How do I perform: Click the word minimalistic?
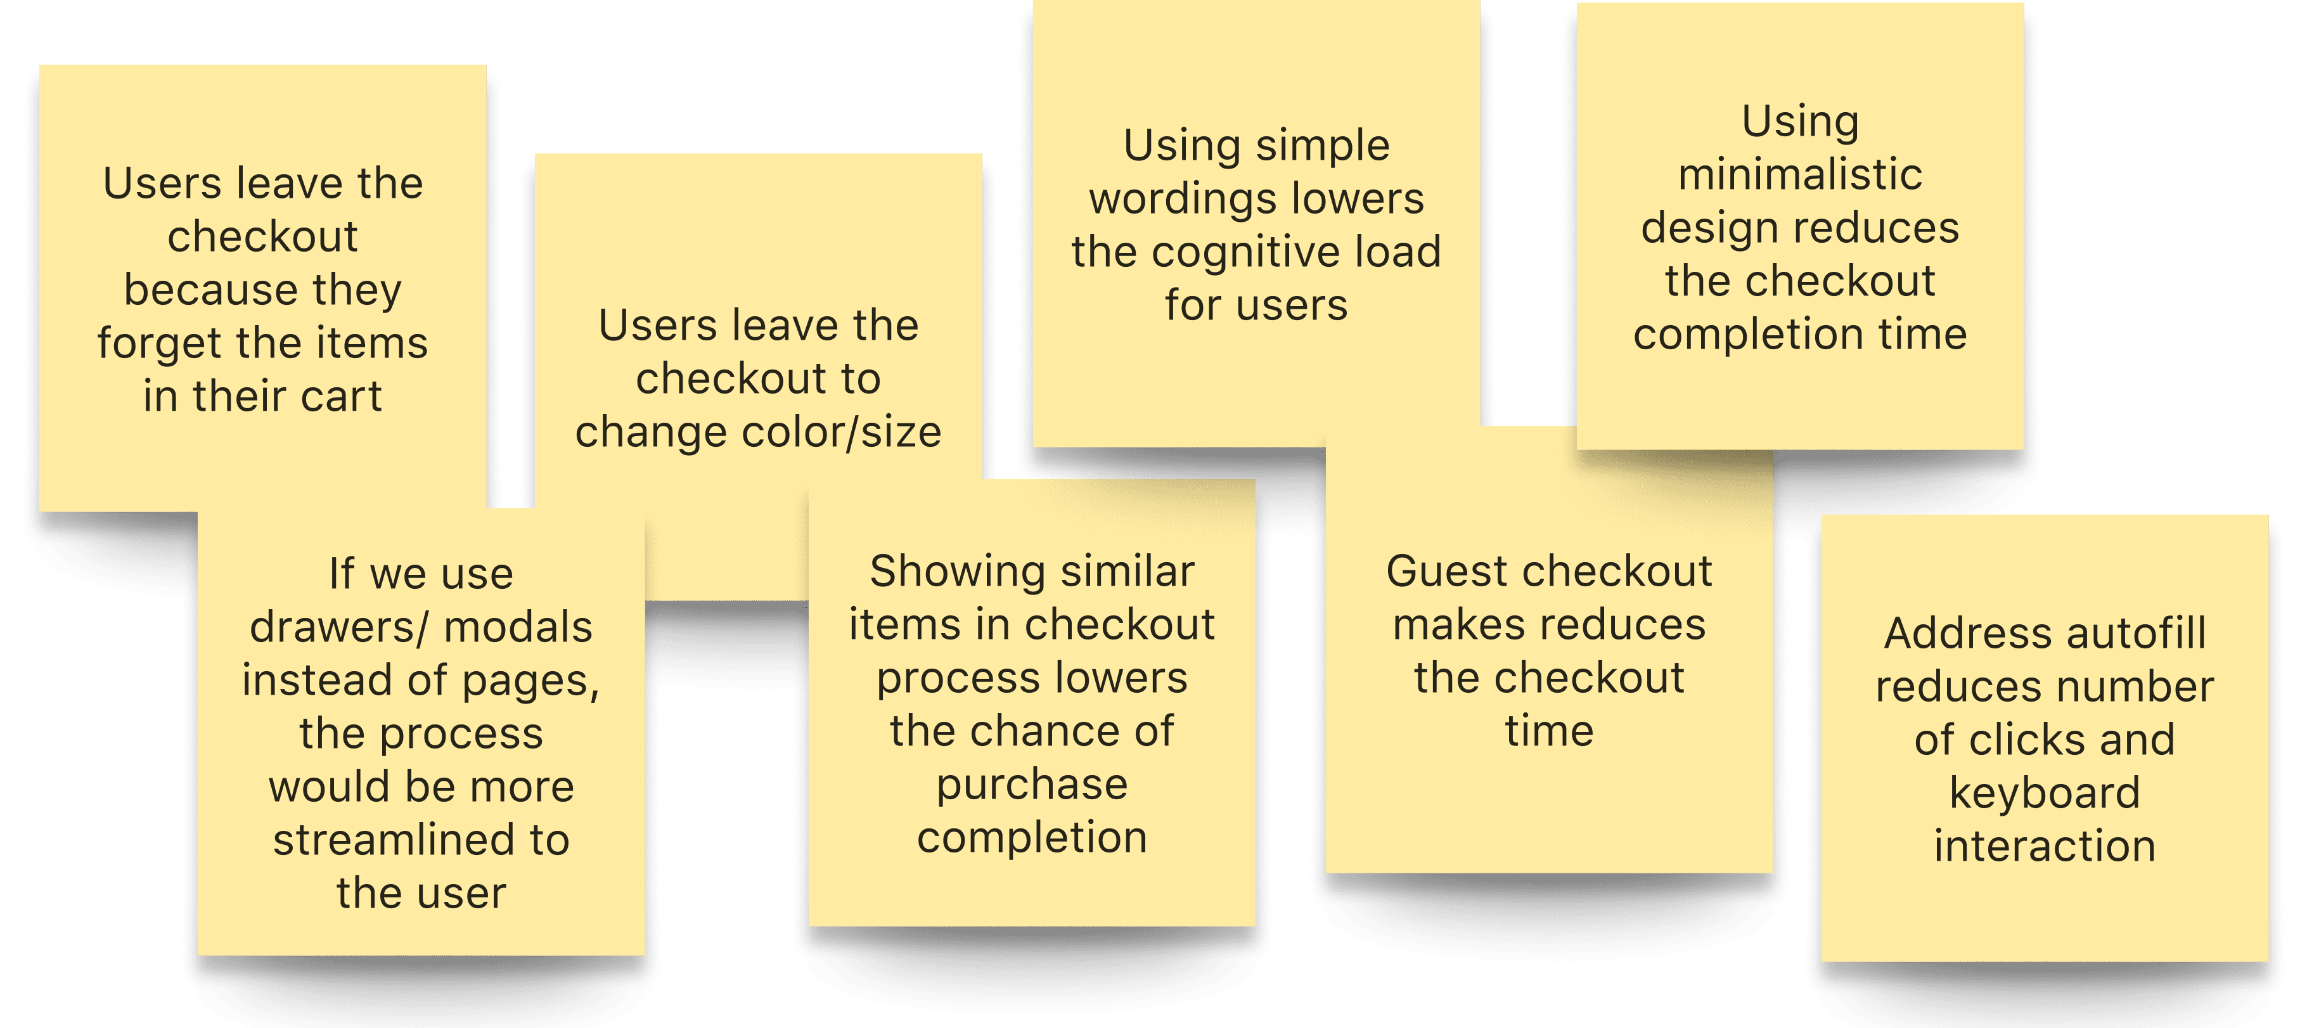pos(1800,174)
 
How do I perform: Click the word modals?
pos(518,627)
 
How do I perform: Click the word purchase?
pos(1032,785)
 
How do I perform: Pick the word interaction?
pos(2045,846)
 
